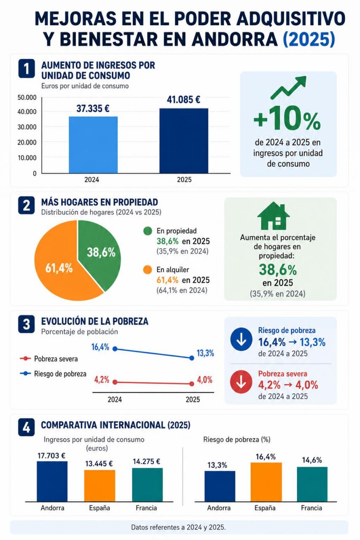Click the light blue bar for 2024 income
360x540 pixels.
pos(93,145)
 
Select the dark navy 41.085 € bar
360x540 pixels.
pos(184,140)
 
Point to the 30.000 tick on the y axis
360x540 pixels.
pos(27,127)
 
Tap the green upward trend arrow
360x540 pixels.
pos(288,87)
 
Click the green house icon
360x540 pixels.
pos(273,216)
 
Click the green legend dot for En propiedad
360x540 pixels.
pos(148,231)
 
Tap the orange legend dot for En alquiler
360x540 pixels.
pos(148,270)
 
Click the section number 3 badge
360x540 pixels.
pos(26,324)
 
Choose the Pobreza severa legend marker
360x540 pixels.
pos(25,359)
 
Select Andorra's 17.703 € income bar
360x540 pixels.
pos(52,481)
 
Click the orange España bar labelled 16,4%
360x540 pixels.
pos(266,482)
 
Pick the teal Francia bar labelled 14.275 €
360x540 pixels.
pos(147,485)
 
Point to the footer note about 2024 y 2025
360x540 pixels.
pos(179,527)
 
